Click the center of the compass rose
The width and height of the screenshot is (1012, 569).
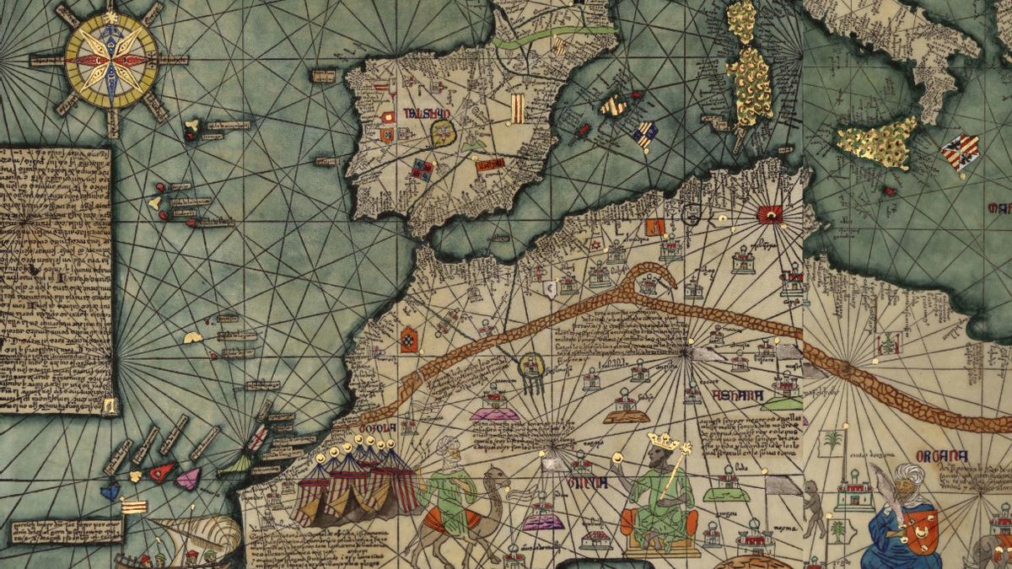[x=110, y=60]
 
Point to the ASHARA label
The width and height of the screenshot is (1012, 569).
[x=737, y=395]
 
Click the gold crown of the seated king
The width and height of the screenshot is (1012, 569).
[x=663, y=441]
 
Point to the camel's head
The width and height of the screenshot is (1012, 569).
[x=498, y=477]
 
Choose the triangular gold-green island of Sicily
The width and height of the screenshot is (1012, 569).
[x=877, y=142]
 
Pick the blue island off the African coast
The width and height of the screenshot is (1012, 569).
[x=110, y=490]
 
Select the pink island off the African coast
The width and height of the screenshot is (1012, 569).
[x=188, y=479]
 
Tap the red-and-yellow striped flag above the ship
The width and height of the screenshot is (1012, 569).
[x=133, y=506]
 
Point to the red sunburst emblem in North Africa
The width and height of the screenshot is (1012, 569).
[x=769, y=215]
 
